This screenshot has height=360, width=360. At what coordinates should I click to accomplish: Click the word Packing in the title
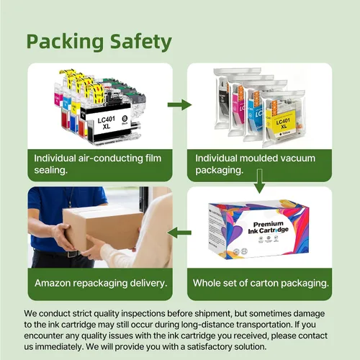pyautogui.click(x=65, y=42)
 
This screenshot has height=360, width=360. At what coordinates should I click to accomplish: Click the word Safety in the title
pyautogui.click(x=141, y=41)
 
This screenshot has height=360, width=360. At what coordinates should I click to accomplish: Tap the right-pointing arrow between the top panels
pyautogui.click(x=179, y=104)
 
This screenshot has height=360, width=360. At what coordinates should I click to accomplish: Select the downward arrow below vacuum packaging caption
pyautogui.click(x=259, y=181)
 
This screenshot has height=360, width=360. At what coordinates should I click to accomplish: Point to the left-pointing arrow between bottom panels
pyautogui.click(x=179, y=233)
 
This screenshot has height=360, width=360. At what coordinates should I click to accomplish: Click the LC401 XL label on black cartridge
pyautogui.click(x=107, y=122)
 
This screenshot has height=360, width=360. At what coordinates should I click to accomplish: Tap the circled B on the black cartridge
pyautogui.click(x=125, y=119)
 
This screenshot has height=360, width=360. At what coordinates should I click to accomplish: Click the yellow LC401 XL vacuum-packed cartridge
pyautogui.click(x=283, y=119)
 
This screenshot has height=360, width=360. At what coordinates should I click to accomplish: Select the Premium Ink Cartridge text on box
pyautogui.click(x=269, y=228)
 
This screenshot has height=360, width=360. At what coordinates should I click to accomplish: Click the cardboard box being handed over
pyautogui.click(x=103, y=228)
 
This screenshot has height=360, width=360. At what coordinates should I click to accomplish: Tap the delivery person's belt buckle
pyautogui.click(x=71, y=254)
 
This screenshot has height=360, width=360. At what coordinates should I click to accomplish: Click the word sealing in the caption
pyautogui.click(x=50, y=171)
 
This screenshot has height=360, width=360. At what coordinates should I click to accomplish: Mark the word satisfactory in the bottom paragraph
pyautogui.click(x=209, y=347)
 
